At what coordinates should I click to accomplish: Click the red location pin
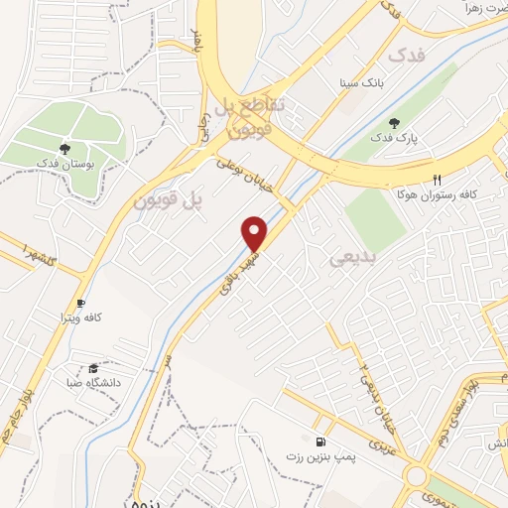[256, 232]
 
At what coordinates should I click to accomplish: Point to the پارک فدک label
[396, 138]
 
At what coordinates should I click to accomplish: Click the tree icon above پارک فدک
[396, 122]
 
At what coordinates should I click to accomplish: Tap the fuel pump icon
[318, 440]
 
